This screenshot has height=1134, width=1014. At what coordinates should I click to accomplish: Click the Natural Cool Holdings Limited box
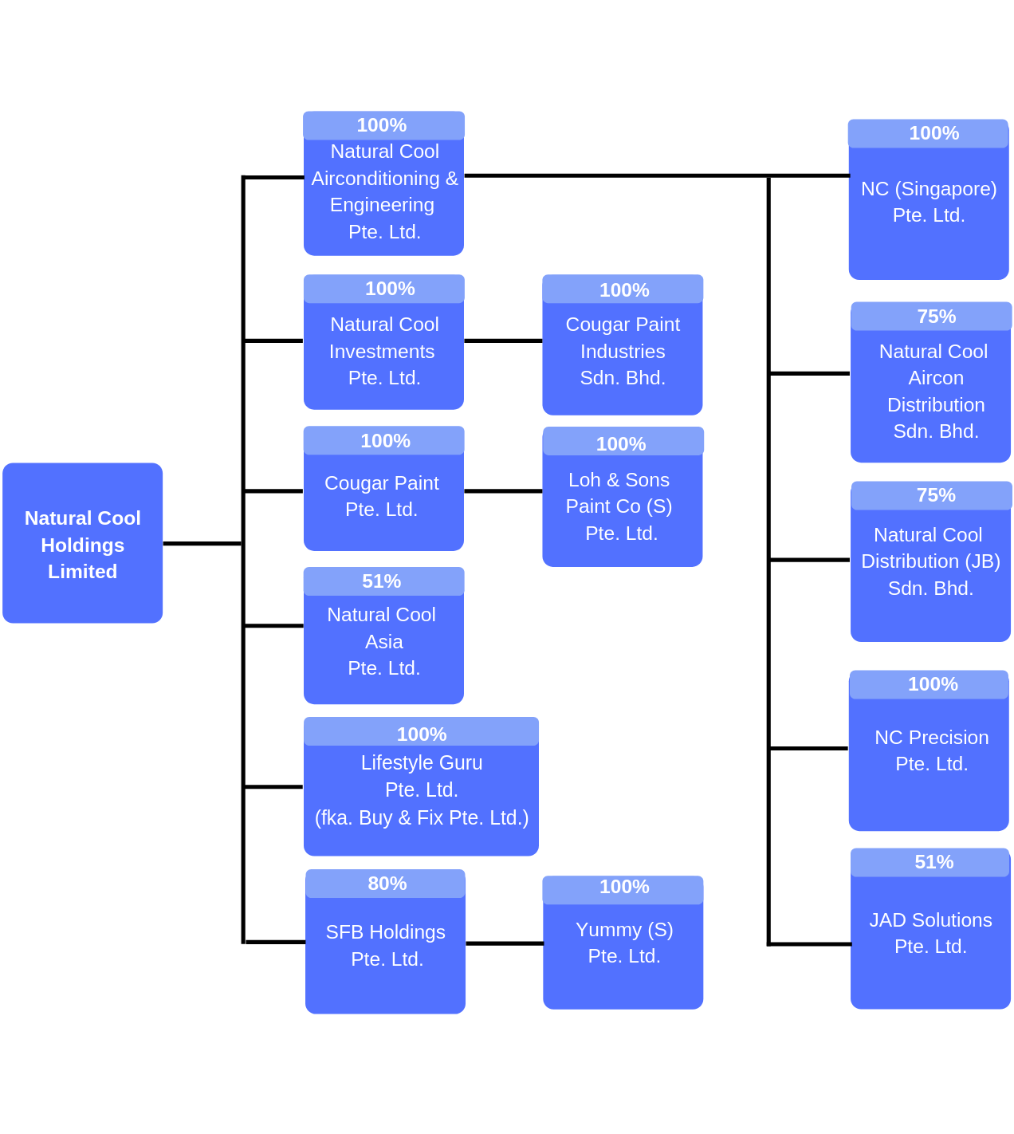(x=83, y=544)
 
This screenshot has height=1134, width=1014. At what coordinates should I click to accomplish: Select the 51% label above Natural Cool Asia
(x=382, y=581)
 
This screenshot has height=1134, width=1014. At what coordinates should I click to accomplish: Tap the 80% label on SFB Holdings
(x=387, y=884)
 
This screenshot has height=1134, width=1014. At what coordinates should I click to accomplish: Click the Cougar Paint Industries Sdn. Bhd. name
(x=623, y=352)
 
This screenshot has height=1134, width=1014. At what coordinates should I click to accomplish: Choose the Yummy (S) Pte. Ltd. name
(x=624, y=943)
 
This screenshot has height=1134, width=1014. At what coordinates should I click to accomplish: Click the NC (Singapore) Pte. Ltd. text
(x=929, y=202)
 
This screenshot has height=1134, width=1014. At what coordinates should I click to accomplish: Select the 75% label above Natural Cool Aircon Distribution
(x=936, y=317)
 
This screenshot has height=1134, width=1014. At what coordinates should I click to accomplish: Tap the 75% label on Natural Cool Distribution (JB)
(x=936, y=495)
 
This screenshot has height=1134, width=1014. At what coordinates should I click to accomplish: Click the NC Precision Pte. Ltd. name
(x=931, y=750)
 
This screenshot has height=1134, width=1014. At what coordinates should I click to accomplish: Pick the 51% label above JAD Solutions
(x=934, y=862)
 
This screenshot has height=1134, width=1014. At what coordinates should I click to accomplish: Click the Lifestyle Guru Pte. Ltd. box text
(x=422, y=776)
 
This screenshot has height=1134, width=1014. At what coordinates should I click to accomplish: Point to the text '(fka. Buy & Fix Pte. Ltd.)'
(x=422, y=818)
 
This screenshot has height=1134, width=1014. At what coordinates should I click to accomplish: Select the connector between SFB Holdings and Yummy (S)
(x=504, y=943)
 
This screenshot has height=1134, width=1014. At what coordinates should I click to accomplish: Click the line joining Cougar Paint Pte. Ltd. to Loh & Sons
(x=503, y=491)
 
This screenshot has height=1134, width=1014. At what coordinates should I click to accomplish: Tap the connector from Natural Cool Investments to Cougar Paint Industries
(x=503, y=341)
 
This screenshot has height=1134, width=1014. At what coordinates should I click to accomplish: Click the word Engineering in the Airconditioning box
(x=383, y=205)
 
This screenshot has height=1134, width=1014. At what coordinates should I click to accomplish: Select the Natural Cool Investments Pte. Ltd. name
(x=383, y=352)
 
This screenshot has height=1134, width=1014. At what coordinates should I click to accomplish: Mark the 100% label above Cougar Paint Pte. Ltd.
(x=385, y=441)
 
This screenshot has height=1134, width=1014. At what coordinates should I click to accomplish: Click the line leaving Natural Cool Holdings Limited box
(x=202, y=544)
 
